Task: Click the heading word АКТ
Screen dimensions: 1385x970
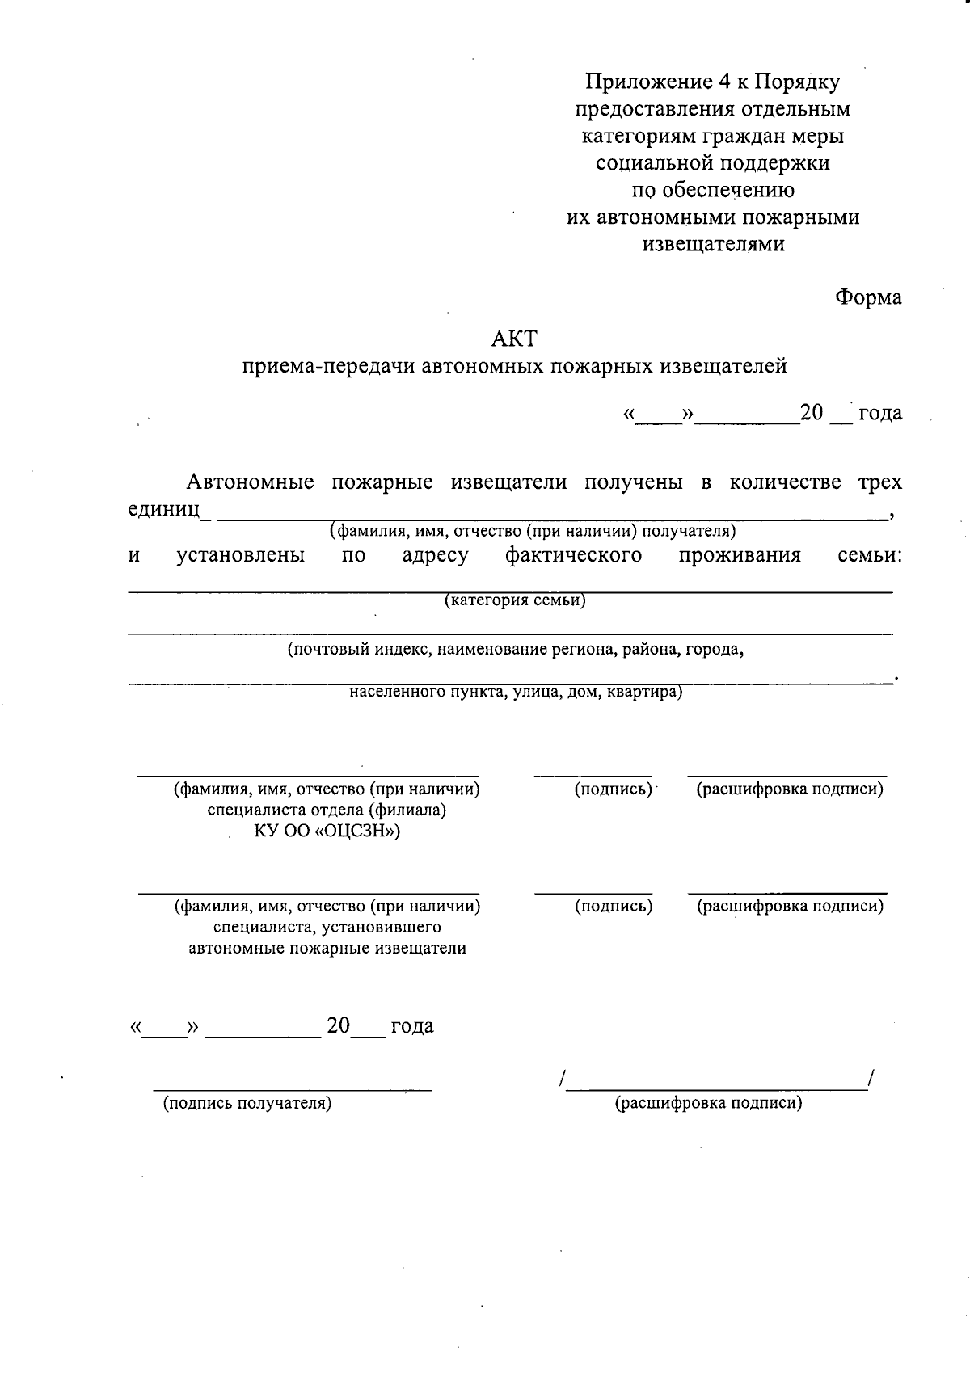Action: [514, 339]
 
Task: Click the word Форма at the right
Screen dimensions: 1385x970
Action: [868, 297]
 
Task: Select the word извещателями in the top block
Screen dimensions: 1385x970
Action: [713, 244]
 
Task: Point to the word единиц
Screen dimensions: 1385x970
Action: [165, 509]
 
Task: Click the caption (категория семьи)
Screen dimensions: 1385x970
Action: [515, 600]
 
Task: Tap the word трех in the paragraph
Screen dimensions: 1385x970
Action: [879, 482]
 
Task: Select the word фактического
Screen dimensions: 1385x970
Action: [574, 555]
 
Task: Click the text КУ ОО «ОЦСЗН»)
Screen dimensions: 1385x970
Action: [327, 831]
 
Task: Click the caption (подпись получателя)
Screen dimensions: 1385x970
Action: [247, 1103]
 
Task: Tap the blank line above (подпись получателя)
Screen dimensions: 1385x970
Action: [293, 1089]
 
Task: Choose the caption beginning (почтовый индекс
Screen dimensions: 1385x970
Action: [516, 649]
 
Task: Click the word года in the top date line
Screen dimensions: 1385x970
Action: [880, 414]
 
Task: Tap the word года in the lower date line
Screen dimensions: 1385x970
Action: [412, 1026]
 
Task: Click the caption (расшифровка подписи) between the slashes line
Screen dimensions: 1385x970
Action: [709, 1103]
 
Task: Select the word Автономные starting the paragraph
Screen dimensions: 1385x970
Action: [251, 482]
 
